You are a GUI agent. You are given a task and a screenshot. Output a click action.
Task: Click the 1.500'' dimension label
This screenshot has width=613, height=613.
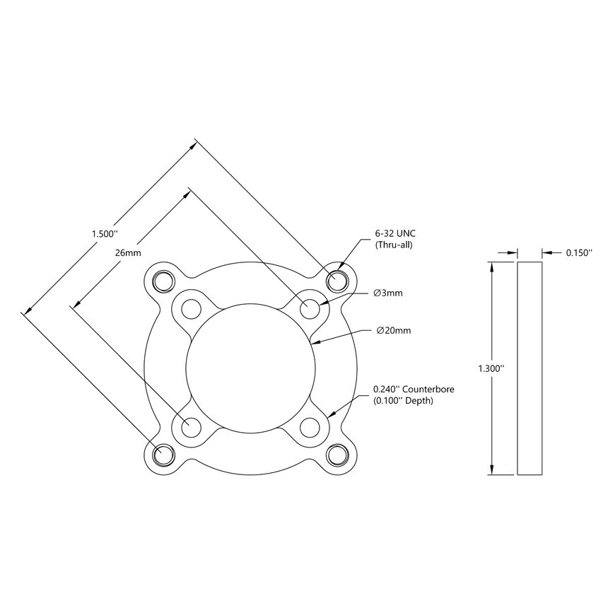tap(104, 233)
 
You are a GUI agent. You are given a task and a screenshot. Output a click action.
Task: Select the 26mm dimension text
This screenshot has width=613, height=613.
tap(128, 252)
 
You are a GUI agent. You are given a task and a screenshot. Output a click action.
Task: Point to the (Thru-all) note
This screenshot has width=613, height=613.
tap(393, 245)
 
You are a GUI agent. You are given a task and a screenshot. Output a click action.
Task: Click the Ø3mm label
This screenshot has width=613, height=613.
tap(388, 293)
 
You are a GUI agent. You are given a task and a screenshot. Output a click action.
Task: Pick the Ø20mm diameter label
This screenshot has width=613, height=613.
tap(393, 330)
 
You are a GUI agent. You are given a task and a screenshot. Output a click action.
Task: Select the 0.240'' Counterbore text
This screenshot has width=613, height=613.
tap(414, 389)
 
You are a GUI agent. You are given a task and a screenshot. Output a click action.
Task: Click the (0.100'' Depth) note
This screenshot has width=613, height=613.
tap(403, 401)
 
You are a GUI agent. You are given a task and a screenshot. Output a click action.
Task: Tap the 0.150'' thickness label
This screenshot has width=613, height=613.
tap(578, 252)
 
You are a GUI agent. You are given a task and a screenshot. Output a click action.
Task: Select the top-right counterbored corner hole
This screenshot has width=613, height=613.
tap(338, 281)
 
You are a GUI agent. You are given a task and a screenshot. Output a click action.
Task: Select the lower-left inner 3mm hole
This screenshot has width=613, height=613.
tap(191, 427)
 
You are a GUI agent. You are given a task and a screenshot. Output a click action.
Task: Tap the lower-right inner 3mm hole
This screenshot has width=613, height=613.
tap(310, 427)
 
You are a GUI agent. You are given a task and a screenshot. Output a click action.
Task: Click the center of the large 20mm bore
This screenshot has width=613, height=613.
tap(250, 368)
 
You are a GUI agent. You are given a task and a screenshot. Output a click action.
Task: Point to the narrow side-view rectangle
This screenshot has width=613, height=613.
tap(530, 368)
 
